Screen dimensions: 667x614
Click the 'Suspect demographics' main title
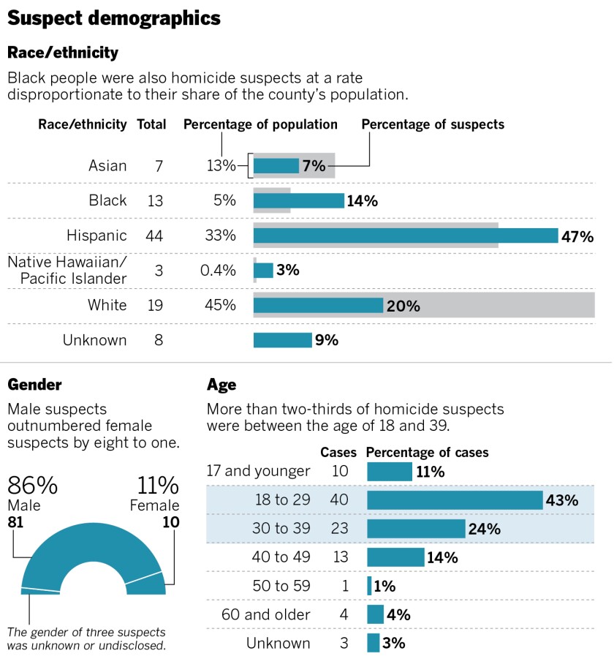(x=114, y=18)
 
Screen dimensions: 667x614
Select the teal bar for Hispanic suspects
(x=405, y=235)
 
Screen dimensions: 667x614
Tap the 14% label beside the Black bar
(x=362, y=201)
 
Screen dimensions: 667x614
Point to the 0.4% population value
(x=218, y=271)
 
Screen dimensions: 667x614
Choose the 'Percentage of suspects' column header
(x=433, y=124)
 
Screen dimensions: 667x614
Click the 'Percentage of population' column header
(x=260, y=124)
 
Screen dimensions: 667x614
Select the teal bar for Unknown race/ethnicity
(x=282, y=340)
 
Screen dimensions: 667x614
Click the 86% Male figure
(x=32, y=486)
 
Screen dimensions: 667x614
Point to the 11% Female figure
(x=158, y=486)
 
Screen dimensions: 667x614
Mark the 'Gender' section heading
(x=34, y=385)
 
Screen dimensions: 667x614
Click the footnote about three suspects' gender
(x=86, y=638)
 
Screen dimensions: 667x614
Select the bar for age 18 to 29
(x=454, y=500)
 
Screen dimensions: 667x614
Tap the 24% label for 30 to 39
(x=485, y=529)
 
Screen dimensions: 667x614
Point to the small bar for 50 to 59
(x=369, y=586)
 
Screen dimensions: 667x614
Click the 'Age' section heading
(x=221, y=385)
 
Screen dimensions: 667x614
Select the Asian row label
(x=107, y=166)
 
